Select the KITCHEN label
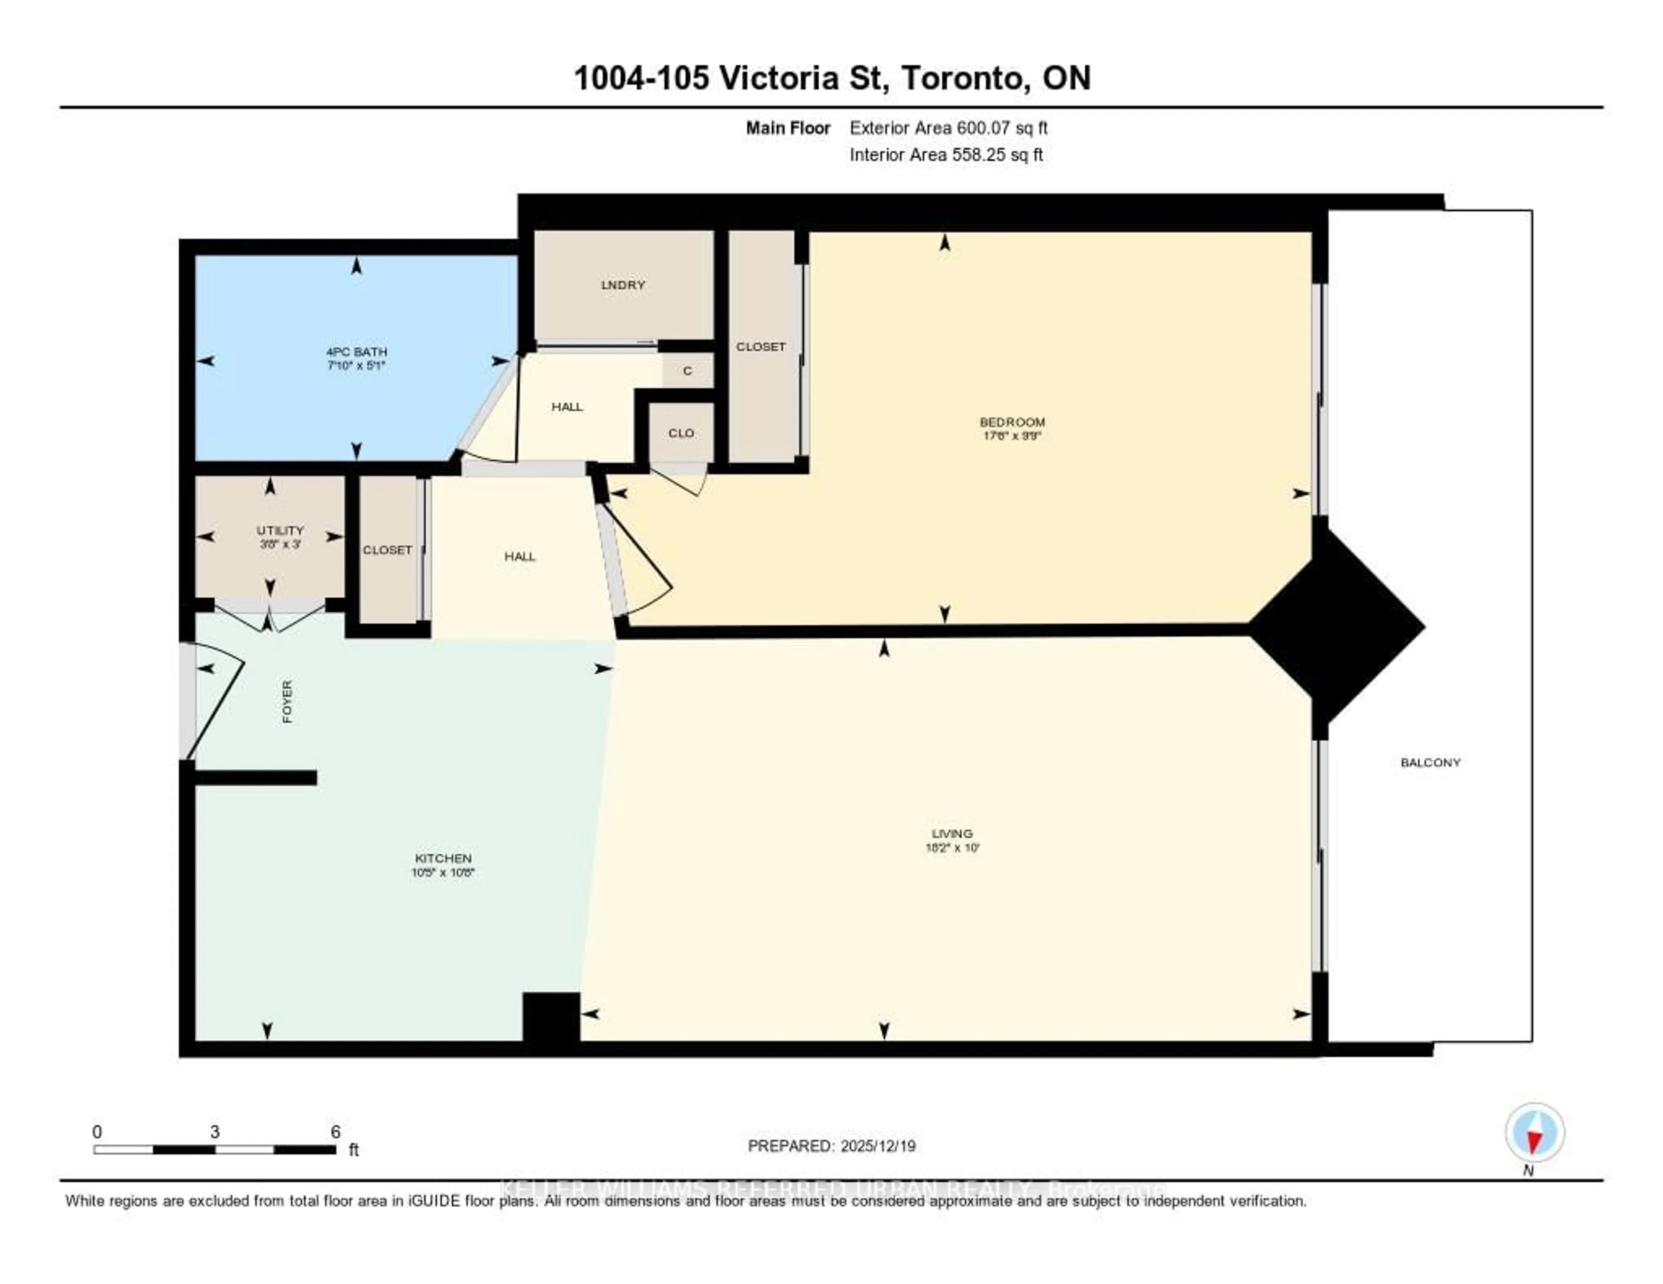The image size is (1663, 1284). pos(443,858)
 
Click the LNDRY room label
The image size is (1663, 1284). pos(623,285)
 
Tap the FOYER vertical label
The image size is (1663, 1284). pos(287,701)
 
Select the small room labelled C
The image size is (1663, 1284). pos(687,371)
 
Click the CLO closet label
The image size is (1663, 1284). pos(681,433)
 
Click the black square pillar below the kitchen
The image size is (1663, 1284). pos(550,1018)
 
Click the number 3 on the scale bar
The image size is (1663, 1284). pos(215,1132)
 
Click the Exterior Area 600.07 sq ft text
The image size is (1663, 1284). pos(948,128)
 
